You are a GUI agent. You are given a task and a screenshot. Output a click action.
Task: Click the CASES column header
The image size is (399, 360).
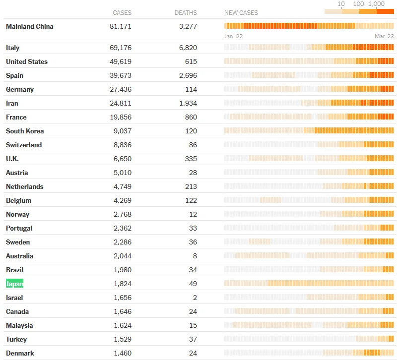pyautogui.click(x=122, y=13)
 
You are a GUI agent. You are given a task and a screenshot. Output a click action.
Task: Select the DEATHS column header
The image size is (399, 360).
pyautogui.click(x=186, y=13)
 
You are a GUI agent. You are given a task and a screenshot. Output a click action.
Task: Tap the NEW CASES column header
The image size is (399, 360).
pyautogui.click(x=241, y=13)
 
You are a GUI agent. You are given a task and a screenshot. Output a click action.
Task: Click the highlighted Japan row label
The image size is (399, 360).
pyautogui.click(x=14, y=284)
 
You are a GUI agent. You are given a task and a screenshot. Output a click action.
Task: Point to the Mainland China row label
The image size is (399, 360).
pyautogui.click(x=29, y=26)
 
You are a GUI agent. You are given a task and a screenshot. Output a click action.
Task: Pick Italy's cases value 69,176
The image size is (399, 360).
pyautogui.click(x=121, y=48)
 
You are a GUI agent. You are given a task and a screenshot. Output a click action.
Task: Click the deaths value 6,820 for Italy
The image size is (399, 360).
pyautogui.click(x=188, y=48)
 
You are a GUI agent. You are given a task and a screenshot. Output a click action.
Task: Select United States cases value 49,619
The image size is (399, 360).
pyautogui.click(x=121, y=61)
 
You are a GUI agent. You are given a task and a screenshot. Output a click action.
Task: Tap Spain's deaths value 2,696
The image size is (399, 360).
pyautogui.click(x=188, y=75)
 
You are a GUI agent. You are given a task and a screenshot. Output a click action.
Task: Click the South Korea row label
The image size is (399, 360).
pyautogui.click(x=25, y=131)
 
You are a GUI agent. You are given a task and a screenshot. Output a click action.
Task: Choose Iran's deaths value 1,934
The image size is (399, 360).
pyautogui.click(x=188, y=103)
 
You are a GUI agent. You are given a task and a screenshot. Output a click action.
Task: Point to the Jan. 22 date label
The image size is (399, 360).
pyautogui.click(x=233, y=36)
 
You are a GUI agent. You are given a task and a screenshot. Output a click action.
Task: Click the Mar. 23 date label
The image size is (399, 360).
pyautogui.click(x=384, y=36)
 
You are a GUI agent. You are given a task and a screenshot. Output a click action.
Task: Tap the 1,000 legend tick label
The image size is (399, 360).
pyautogui.click(x=376, y=4)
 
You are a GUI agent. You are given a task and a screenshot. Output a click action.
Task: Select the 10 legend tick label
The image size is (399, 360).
pyautogui.click(x=341, y=4)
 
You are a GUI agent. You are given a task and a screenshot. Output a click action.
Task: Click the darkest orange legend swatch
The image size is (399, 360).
pyautogui.click(x=385, y=11)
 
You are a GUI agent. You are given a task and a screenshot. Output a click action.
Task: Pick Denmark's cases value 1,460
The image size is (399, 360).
pyautogui.click(x=123, y=353)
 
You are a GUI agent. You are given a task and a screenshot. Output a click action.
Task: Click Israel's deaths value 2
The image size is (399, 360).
pyautogui.click(x=195, y=298)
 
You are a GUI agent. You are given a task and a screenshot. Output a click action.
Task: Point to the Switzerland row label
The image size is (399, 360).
pyautogui.click(x=24, y=145)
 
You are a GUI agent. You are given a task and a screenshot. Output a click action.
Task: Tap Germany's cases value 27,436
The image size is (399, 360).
pyautogui.click(x=121, y=89)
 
